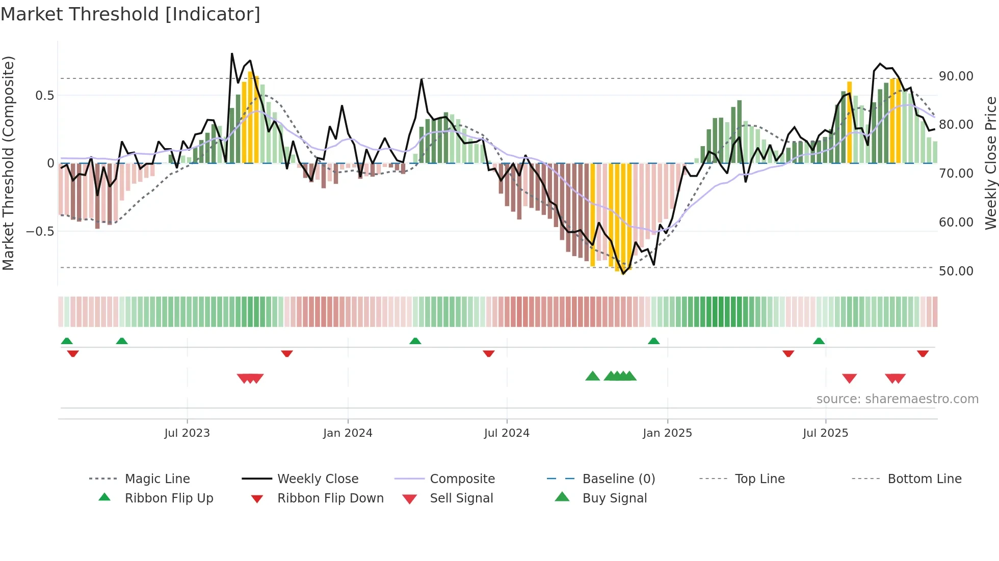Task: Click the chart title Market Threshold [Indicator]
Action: [130, 14]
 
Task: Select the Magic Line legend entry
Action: [157, 479]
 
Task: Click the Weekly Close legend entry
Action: [318, 479]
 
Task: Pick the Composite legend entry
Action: [462, 479]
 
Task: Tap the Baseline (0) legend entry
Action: [618, 479]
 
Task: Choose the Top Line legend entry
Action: [759, 479]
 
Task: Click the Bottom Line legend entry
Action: [924, 479]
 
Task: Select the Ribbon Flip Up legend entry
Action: [169, 498]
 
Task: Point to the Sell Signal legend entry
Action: [461, 498]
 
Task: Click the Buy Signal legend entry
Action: [614, 498]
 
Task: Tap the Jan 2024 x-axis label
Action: [348, 433]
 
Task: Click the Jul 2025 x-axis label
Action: [825, 433]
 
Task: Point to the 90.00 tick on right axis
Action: [956, 76]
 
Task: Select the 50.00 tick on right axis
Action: [956, 271]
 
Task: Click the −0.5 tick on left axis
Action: [40, 232]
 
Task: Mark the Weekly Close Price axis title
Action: [990, 163]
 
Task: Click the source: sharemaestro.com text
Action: [897, 399]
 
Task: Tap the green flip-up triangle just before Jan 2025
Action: [653, 341]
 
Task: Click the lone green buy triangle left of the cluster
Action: [592, 376]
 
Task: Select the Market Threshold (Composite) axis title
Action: [8, 163]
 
